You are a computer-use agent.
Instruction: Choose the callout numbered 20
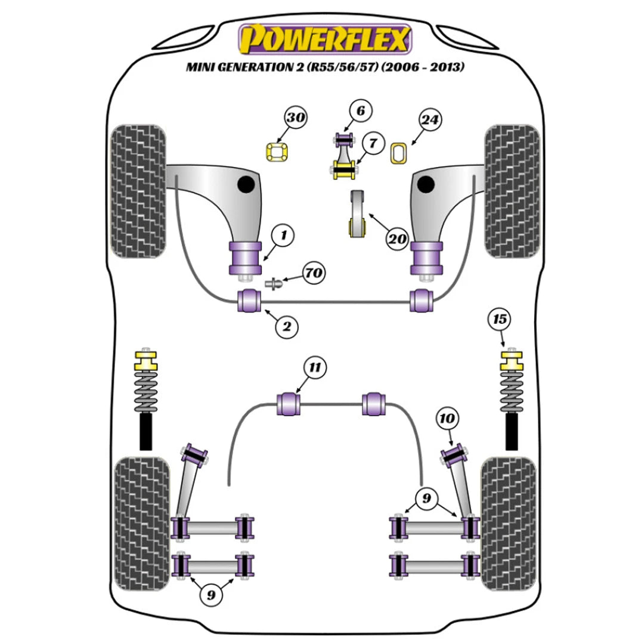pyautogui.click(x=396, y=240)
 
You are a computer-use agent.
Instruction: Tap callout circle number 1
pyautogui.click(x=284, y=236)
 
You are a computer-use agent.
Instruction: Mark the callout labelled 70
pyautogui.click(x=314, y=274)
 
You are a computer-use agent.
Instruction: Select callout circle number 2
pyautogui.click(x=286, y=326)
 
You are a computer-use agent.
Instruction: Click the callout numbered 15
pyautogui.click(x=500, y=320)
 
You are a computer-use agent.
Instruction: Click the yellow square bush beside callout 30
pyautogui.click(x=276, y=153)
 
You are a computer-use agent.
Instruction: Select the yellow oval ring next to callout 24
pyautogui.click(x=398, y=153)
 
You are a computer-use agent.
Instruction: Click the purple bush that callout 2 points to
pyautogui.click(x=249, y=300)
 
